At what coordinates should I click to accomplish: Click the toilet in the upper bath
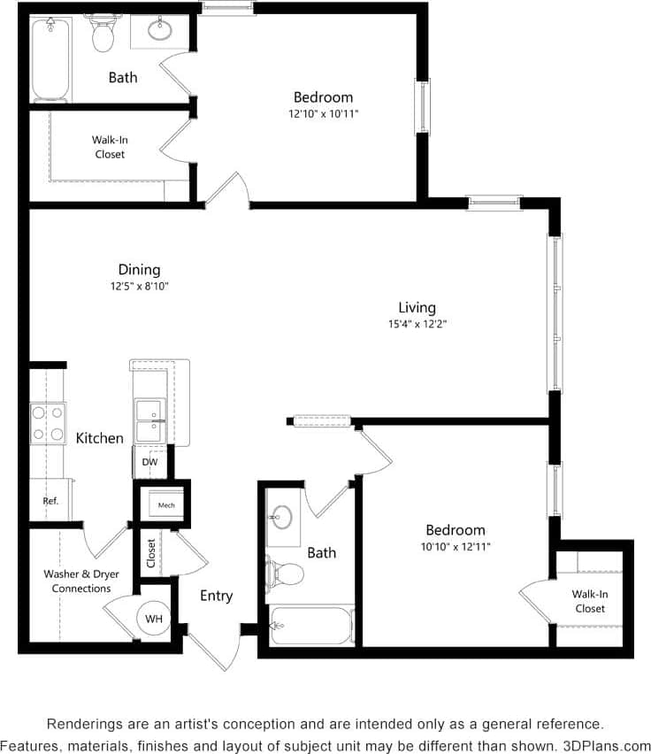pos(103,34)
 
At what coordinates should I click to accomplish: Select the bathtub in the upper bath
pos(50,58)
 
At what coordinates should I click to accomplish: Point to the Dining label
pos(139,270)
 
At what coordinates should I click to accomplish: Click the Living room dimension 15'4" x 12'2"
pos(417,324)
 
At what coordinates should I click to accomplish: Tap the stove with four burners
pos(47,423)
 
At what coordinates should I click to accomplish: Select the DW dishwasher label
pos(149,462)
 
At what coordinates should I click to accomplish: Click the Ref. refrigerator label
pos(50,501)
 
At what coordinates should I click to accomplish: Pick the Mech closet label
pos(166,505)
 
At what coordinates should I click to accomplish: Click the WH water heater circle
pos(154,619)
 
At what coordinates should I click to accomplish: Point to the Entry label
pos(216,596)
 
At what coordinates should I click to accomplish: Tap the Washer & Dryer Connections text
pos(81,581)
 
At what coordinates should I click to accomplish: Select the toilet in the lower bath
pos(287,573)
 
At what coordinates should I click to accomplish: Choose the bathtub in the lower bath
pos(311,625)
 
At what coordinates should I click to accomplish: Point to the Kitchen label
pos(99,438)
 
